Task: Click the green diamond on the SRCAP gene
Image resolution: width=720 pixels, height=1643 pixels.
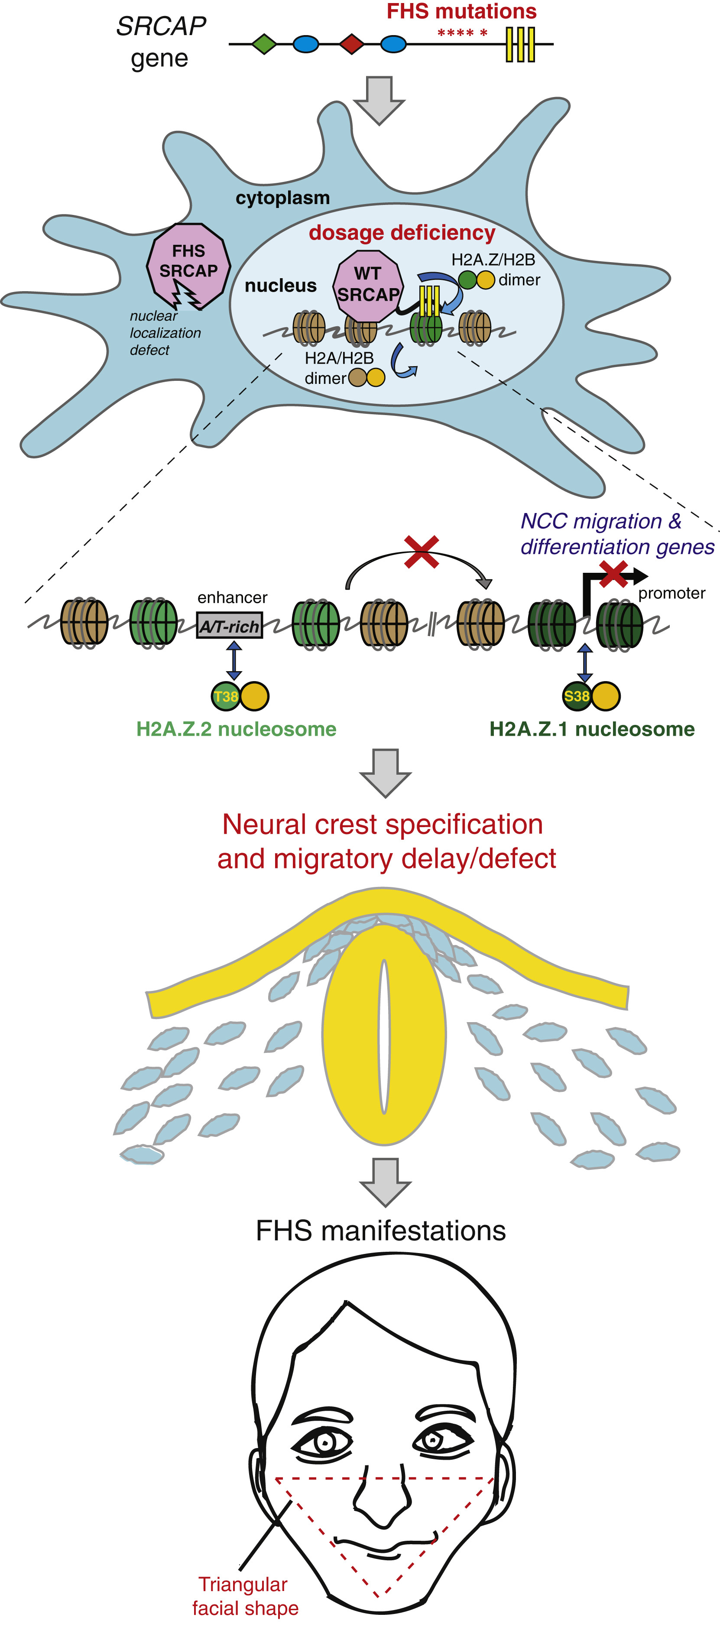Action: point(264,44)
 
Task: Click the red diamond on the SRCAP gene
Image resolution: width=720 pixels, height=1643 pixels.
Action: point(351,44)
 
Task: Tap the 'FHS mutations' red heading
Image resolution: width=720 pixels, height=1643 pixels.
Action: point(462,11)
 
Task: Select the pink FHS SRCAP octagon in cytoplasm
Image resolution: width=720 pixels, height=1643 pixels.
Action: point(188,265)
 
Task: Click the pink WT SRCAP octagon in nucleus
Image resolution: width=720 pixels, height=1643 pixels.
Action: point(368,286)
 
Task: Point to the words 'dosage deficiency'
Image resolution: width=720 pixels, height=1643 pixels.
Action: point(402,233)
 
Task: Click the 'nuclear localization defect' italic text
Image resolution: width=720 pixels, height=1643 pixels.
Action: point(165,333)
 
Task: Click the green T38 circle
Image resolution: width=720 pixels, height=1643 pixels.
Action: point(225,696)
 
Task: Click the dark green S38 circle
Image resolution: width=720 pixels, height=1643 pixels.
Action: point(577,696)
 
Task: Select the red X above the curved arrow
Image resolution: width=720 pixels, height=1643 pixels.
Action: point(422,552)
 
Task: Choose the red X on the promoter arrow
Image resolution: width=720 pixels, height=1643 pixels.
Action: point(613,574)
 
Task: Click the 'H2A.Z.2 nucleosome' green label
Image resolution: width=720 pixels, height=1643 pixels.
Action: point(236,729)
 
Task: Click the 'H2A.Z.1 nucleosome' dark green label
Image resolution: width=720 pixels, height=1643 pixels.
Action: point(592,729)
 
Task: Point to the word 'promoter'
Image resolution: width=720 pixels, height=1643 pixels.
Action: point(671,593)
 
